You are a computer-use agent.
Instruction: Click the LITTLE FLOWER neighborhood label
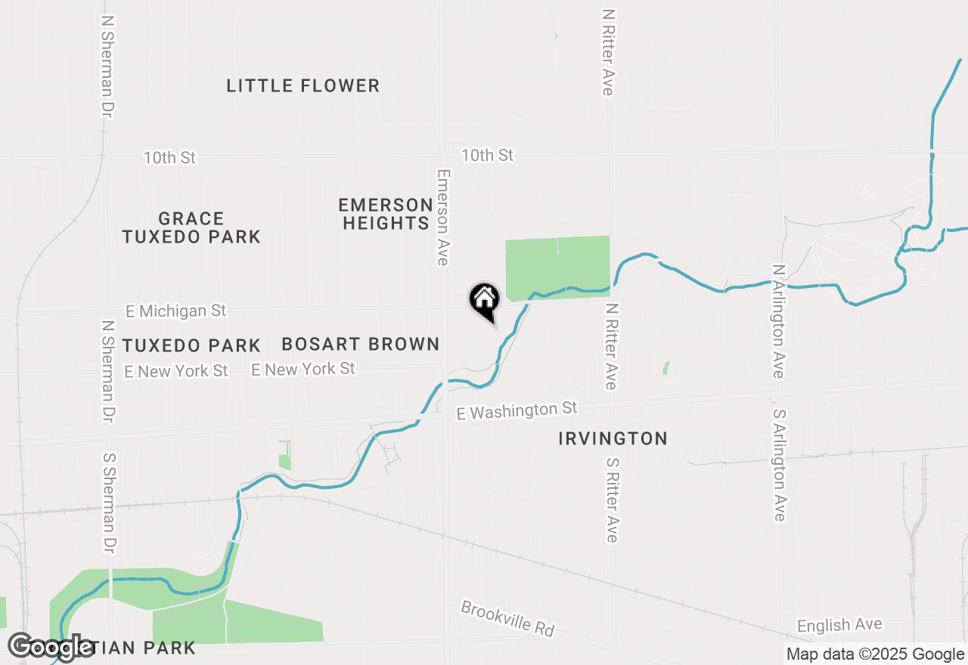302,85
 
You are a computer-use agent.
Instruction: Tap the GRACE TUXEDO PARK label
191,227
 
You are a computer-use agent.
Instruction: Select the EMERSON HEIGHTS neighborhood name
386,214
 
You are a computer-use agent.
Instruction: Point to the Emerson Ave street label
443,217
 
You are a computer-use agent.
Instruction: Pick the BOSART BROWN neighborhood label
361,345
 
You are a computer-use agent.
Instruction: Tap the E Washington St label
517,410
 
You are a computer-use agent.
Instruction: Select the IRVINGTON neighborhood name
613,438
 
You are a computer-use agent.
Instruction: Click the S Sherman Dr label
109,503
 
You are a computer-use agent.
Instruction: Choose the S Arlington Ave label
779,466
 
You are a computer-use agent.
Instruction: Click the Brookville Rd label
507,619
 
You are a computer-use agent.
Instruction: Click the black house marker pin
484,299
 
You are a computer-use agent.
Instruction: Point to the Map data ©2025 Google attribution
875,654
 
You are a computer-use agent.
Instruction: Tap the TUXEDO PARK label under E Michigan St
191,346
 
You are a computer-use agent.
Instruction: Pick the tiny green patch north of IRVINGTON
666,368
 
